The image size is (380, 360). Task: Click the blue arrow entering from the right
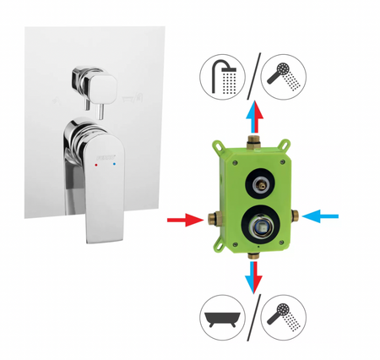tap(322, 215)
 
